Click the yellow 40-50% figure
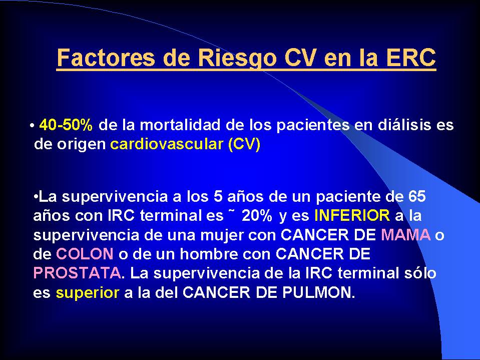pyautogui.click(x=66, y=125)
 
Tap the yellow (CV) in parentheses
pyautogui.click(x=244, y=144)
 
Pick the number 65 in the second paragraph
pyautogui.click(x=417, y=197)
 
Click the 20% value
pyautogui.click(x=257, y=215)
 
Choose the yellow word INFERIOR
pyautogui.click(x=352, y=215)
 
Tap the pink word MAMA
pyautogui.click(x=406, y=235)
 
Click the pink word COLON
pyautogui.click(x=85, y=254)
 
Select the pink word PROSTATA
pyautogui.click(x=77, y=273)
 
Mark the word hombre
pyautogui.click(x=209, y=254)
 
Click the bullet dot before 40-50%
pyautogui.click(x=32, y=126)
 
